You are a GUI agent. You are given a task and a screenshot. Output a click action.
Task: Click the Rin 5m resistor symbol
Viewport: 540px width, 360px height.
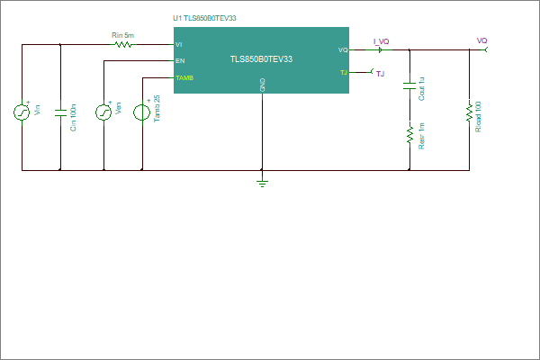click(x=123, y=44)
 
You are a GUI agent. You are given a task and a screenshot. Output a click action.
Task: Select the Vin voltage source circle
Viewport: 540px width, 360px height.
click(x=22, y=112)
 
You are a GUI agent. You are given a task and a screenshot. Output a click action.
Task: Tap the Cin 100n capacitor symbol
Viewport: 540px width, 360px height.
click(x=60, y=112)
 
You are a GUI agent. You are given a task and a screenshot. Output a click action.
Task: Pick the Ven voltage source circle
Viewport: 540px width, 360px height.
click(x=103, y=112)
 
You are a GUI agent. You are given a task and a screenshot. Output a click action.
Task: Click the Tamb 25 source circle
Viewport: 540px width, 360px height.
click(x=142, y=112)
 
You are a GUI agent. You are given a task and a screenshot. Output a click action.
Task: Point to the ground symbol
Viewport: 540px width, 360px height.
click(x=263, y=182)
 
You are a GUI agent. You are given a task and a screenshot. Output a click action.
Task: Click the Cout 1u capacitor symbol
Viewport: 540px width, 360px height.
click(x=409, y=86)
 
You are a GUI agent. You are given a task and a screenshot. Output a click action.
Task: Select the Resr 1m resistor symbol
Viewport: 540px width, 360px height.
click(x=409, y=135)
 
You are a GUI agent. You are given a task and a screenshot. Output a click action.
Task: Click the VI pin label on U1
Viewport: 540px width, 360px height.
click(x=179, y=45)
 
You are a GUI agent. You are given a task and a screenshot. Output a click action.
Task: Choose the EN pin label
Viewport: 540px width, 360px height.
click(x=180, y=61)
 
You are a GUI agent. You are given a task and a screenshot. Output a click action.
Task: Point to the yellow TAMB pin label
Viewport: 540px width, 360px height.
click(x=184, y=78)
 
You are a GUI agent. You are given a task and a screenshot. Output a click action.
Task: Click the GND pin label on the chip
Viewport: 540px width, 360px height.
click(x=263, y=85)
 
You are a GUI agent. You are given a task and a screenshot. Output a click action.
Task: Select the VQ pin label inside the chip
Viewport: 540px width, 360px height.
click(x=343, y=50)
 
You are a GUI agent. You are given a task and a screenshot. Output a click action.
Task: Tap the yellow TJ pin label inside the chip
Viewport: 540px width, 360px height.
click(x=344, y=73)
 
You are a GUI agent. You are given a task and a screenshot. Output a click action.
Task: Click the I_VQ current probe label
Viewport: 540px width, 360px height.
click(x=382, y=41)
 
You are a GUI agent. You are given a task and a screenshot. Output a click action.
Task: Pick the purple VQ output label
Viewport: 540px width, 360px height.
click(x=481, y=40)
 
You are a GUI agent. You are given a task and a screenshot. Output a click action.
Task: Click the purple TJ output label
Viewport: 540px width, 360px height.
click(x=380, y=74)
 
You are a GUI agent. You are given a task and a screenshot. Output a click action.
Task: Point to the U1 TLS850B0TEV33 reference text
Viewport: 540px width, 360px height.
click(x=204, y=18)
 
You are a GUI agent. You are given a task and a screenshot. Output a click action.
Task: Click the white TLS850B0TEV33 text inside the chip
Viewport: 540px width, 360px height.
click(x=261, y=59)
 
